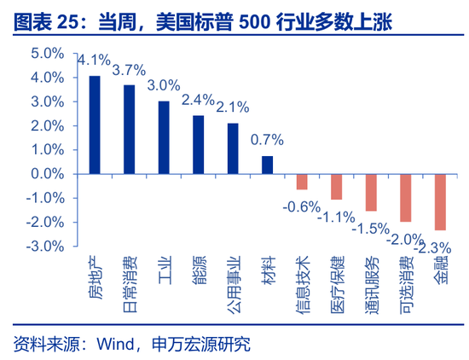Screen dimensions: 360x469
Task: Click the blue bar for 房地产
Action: click(95, 124)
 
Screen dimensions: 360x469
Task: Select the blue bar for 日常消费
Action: click(130, 129)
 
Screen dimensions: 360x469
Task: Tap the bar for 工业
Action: click(164, 136)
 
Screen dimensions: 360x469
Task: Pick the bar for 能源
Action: click(199, 144)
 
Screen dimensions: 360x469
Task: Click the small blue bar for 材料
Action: click(268, 165)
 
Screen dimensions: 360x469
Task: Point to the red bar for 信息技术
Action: click(302, 181)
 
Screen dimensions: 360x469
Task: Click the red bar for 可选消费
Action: click(406, 197)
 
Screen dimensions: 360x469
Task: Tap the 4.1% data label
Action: click(94, 61)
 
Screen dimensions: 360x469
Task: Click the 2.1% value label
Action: click(232, 107)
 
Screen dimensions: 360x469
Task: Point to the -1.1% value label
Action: click(335, 217)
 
